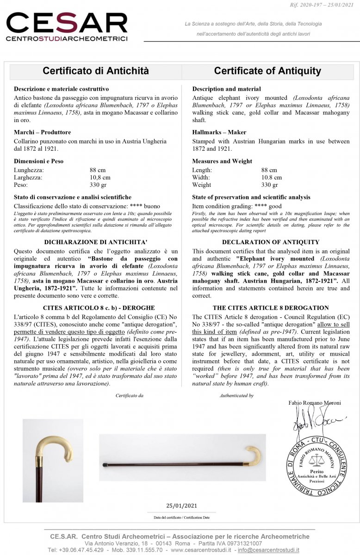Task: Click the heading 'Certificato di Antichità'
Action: pos(96,71)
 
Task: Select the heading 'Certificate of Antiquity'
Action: pos(267,71)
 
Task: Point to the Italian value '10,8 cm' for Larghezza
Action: pos(100,177)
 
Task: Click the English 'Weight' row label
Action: pos(201,185)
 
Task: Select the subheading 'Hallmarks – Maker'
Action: pos(219,132)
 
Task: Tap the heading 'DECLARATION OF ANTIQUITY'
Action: pos(271,242)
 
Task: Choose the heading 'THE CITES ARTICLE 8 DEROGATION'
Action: pos(271,308)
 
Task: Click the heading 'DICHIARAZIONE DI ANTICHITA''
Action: pos(96,242)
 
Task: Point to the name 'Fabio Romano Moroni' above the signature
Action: pos(315,403)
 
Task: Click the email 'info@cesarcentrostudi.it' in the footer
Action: pos(272,550)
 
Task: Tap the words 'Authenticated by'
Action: pos(236,395)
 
